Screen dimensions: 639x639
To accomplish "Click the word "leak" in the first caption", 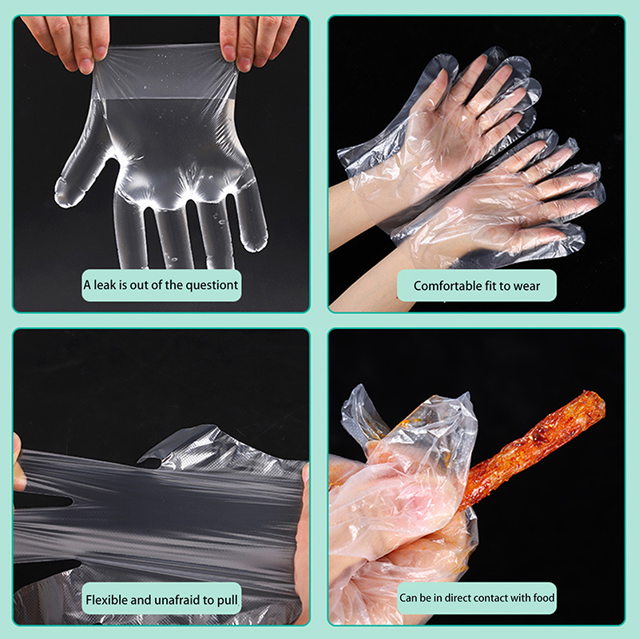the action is [x=105, y=285].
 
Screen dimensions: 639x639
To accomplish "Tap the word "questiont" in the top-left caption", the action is [x=212, y=286].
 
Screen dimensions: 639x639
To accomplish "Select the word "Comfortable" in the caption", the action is [x=447, y=286].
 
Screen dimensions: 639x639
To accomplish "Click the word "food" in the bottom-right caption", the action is [x=543, y=597].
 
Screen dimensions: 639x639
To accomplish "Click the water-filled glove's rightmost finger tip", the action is [x=256, y=240].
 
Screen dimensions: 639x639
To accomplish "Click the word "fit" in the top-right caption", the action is [x=490, y=286].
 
